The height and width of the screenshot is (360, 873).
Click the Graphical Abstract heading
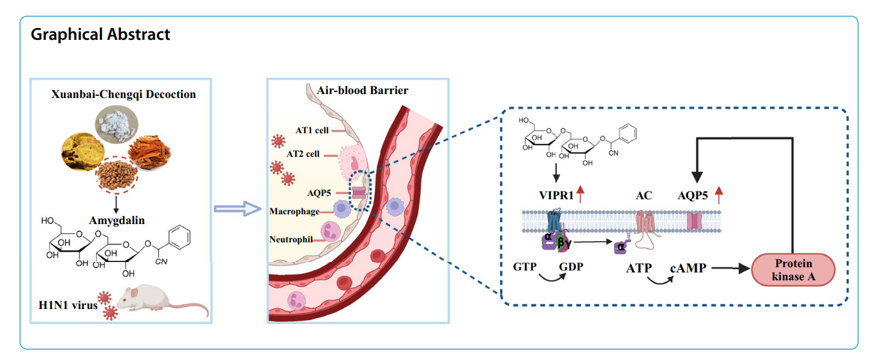pyautogui.click(x=101, y=35)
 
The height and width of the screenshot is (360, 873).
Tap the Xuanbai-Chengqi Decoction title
pyautogui.click(x=124, y=94)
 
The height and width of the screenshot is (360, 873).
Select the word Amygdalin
pyautogui.click(x=118, y=203)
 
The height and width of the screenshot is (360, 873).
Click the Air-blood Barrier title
pyautogui.click(x=363, y=91)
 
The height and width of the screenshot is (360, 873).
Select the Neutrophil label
pyautogui.click(x=291, y=239)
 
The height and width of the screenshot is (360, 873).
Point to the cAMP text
pyautogui.click(x=688, y=267)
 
